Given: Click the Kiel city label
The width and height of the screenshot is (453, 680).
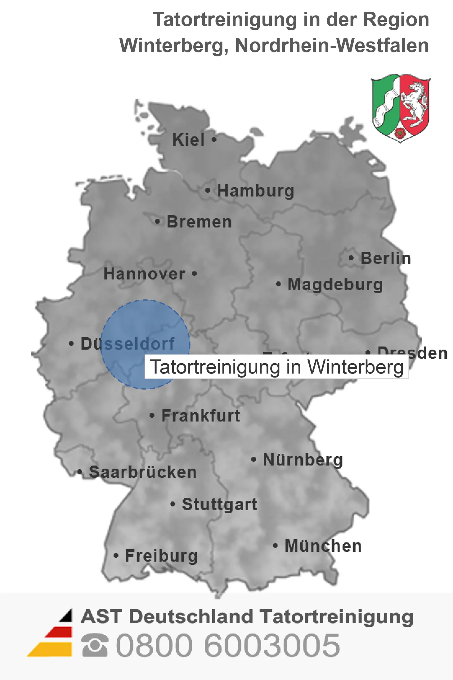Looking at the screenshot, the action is pos(188,140).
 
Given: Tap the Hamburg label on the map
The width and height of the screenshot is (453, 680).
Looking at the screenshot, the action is pos(255,191).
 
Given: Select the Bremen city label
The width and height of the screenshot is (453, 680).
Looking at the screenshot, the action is pos(199,222).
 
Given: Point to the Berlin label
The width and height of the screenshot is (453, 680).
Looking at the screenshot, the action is pos(386,258).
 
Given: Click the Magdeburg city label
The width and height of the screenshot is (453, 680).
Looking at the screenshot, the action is pos(335,284).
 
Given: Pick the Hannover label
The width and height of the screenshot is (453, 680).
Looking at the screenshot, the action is pos(144,274).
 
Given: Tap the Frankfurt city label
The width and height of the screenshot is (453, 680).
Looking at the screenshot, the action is pos(201,416).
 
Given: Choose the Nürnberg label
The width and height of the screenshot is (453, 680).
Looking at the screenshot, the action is pos(303,460).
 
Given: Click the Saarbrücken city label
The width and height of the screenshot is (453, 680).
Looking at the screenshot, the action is pos(143,472).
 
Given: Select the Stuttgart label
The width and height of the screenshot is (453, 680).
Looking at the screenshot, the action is pos(219,504).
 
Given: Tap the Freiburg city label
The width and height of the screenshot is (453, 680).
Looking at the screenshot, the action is pos(161,556).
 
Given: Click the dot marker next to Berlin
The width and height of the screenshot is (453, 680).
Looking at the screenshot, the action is pos(351,258).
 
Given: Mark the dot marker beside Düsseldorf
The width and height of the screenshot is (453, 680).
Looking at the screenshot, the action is pos(71,343).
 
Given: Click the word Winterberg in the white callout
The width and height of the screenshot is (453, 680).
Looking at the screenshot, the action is pos(355,367).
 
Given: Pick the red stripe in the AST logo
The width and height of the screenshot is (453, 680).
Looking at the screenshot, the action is pos(59,632).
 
